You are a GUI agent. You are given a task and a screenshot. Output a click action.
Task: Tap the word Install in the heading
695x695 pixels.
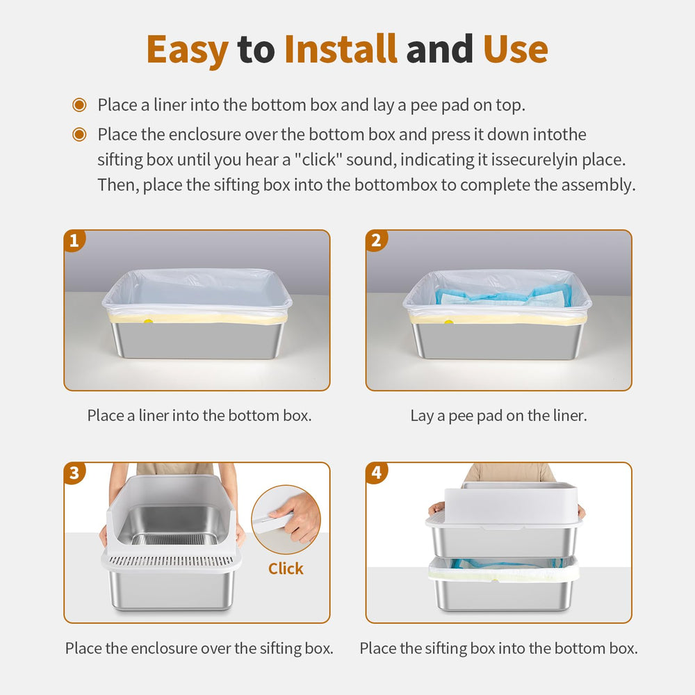(341, 49)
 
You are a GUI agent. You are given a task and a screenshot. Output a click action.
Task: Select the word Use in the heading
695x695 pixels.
(516, 49)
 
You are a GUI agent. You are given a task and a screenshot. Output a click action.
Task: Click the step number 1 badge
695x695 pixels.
(74, 240)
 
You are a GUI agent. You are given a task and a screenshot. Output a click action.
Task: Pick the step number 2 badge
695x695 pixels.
(376, 240)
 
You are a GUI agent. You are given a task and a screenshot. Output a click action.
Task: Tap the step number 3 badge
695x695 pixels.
(74, 473)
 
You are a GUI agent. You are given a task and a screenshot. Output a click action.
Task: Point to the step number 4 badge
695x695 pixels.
(376, 473)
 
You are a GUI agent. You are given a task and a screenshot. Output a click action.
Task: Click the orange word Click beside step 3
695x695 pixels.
(286, 569)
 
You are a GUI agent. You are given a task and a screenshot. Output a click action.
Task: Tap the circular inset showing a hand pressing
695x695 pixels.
(286, 519)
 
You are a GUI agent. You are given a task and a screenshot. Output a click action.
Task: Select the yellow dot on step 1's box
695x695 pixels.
(148, 321)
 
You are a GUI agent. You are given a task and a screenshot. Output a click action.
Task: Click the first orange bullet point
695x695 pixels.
(79, 105)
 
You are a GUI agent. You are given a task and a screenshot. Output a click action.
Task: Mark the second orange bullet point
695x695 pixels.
(79, 134)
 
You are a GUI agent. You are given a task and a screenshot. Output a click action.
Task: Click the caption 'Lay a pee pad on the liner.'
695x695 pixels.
(498, 416)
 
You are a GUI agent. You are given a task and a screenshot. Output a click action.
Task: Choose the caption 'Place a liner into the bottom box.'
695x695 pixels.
(199, 416)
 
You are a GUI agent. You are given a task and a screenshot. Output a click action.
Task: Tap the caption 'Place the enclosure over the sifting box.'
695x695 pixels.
(199, 648)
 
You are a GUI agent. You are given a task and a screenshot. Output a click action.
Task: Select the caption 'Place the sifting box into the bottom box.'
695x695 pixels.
(498, 648)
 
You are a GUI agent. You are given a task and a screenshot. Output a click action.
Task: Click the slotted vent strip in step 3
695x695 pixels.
(171, 562)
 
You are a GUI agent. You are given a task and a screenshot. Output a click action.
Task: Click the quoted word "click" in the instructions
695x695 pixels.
(318, 160)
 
